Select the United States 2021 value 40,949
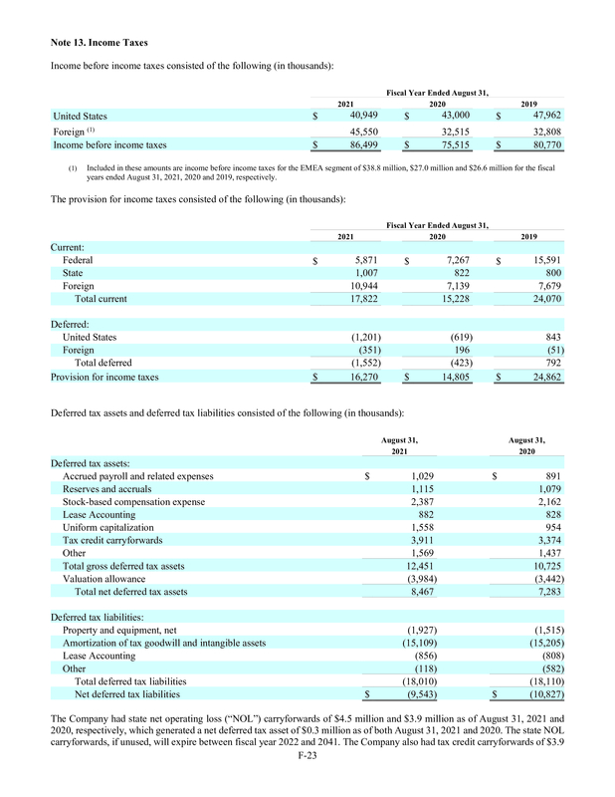pos(354,116)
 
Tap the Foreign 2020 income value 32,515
pos(447,131)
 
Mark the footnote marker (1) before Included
pos(73,167)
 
